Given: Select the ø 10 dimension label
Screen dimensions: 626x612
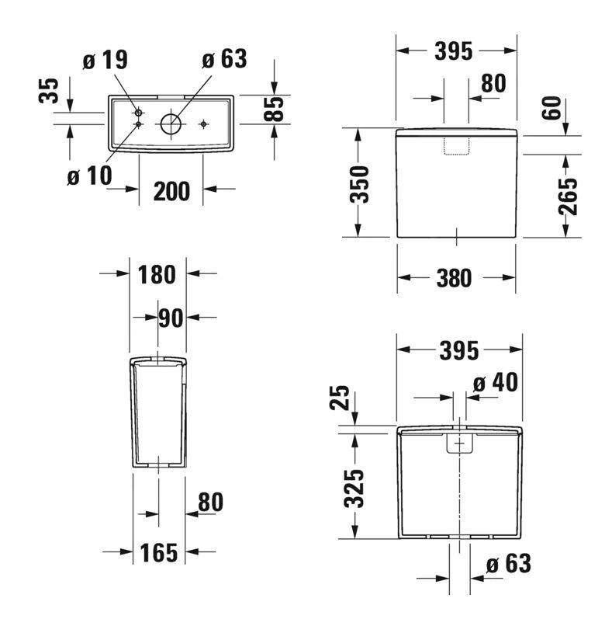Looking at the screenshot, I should tap(89, 176).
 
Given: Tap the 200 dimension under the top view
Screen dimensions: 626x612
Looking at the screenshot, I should tap(171, 190).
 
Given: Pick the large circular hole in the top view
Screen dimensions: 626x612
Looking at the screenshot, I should tap(170, 123).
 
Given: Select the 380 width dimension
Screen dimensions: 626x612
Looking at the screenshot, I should tap(453, 278).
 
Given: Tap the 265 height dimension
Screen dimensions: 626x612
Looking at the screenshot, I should tap(569, 196).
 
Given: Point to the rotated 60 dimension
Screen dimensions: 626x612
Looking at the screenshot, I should tap(551, 109).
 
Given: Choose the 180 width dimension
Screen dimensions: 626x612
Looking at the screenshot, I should tap(157, 274).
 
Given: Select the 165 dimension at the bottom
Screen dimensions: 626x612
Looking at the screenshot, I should tap(158, 552).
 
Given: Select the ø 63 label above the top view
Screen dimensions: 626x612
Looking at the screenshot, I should tap(223, 59).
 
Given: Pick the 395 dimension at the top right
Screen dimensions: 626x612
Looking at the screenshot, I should tap(453, 51).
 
